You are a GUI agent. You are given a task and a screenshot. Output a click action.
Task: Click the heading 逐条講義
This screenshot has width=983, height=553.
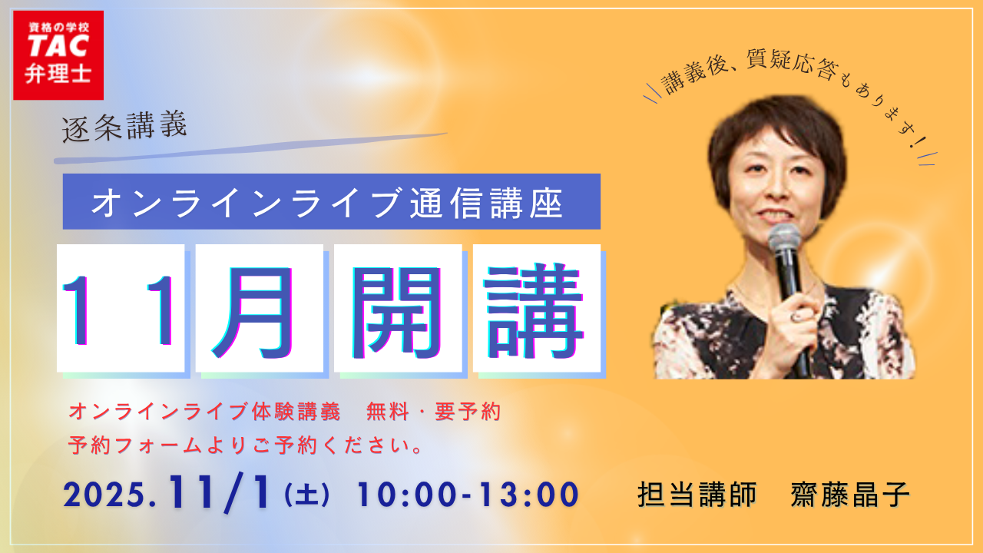124,126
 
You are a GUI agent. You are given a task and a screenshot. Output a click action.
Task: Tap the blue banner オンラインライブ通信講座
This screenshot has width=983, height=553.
331,202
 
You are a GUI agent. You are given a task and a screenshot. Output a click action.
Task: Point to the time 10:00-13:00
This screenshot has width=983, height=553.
467,495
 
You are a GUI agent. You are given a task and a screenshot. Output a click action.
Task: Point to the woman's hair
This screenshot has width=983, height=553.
776,127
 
